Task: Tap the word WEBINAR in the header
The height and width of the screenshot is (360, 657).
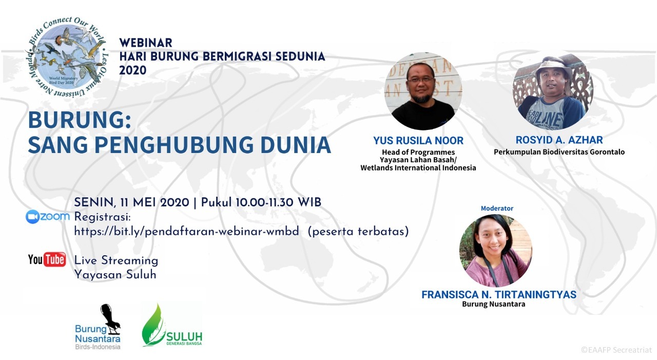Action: pyautogui.click(x=146, y=43)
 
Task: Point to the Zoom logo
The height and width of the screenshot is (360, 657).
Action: pyautogui.click(x=48, y=217)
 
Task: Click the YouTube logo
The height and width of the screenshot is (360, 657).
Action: pyautogui.click(x=47, y=259)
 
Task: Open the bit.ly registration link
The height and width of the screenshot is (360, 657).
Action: pyautogui.click(x=186, y=232)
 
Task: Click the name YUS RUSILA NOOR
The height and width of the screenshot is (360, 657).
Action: pyautogui.click(x=418, y=141)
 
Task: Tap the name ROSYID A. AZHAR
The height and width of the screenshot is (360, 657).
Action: pyautogui.click(x=559, y=140)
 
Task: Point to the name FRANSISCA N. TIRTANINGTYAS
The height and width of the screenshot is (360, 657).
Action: pyautogui.click(x=498, y=295)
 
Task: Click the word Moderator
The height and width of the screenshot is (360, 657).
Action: pyautogui.click(x=497, y=209)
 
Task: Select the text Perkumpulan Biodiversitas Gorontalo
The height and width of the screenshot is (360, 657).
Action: pyautogui.click(x=559, y=152)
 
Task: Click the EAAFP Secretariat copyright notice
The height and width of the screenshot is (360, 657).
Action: pyautogui.click(x=616, y=350)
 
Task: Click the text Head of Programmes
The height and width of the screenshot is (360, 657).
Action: pyautogui.click(x=418, y=153)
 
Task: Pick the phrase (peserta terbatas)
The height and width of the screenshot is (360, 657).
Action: pyautogui.click(x=358, y=232)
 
